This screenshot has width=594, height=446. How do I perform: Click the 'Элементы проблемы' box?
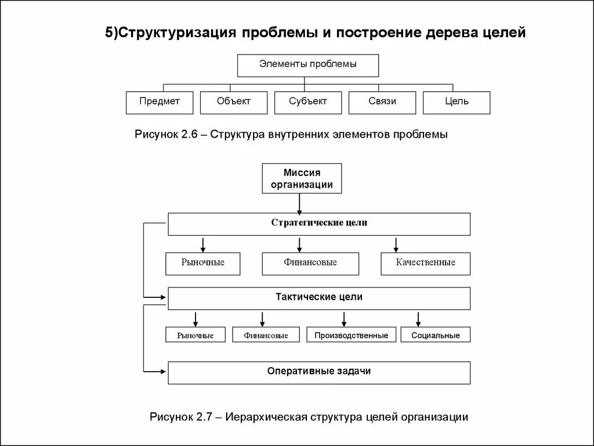pos(308,65)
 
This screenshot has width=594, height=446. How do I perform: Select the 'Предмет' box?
pos(160,102)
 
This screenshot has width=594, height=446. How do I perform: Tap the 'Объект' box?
pos(234,102)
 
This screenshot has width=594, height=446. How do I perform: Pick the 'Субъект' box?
pos(308,102)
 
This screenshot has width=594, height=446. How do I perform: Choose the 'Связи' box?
pos(382,102)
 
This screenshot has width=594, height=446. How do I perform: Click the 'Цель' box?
pos(457,102)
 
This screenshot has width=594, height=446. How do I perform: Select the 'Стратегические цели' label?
pos(319,223)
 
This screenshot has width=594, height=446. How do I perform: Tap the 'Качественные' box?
pos(425,263)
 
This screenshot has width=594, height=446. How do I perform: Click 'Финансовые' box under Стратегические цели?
pos(310,263)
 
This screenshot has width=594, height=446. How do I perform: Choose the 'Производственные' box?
pos(351,334)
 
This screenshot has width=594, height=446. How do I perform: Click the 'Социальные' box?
pos(435,334)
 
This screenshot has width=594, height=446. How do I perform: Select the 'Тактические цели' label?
pos(319,297)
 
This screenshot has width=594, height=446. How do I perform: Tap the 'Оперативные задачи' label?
pos(319,372)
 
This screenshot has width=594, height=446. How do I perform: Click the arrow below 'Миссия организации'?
pos(299,203)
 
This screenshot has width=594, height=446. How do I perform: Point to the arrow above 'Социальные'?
pos(418,319)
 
